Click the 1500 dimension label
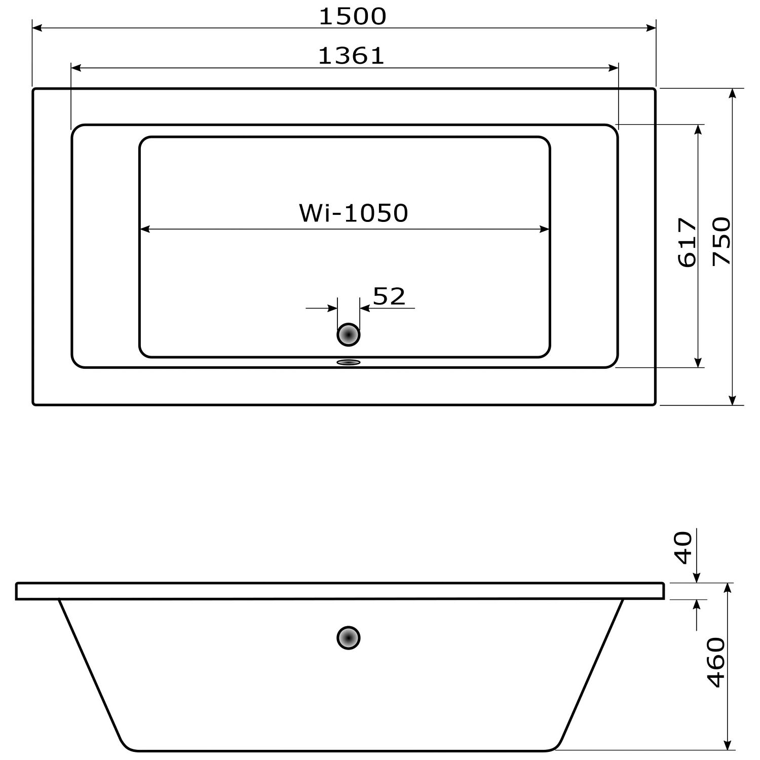pyautogui.click(x=353, y=16)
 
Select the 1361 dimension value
pyautogui.click(x=352, y=56)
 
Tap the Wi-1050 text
pyautogui.click(x=353, y=213)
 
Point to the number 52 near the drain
pyautogui.click(x=389, y=296)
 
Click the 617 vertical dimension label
pyautogui.click(x=687, y=242)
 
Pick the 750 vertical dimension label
pyautogui.click(x=721, y=241)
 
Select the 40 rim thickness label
pyautogui.click(x=684, y=548)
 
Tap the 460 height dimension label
pyautogui.click(x=716, y=663)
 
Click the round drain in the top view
pyautogui.click(x=349, y=335)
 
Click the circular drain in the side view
pyautogui.click(x=349, y=638)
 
